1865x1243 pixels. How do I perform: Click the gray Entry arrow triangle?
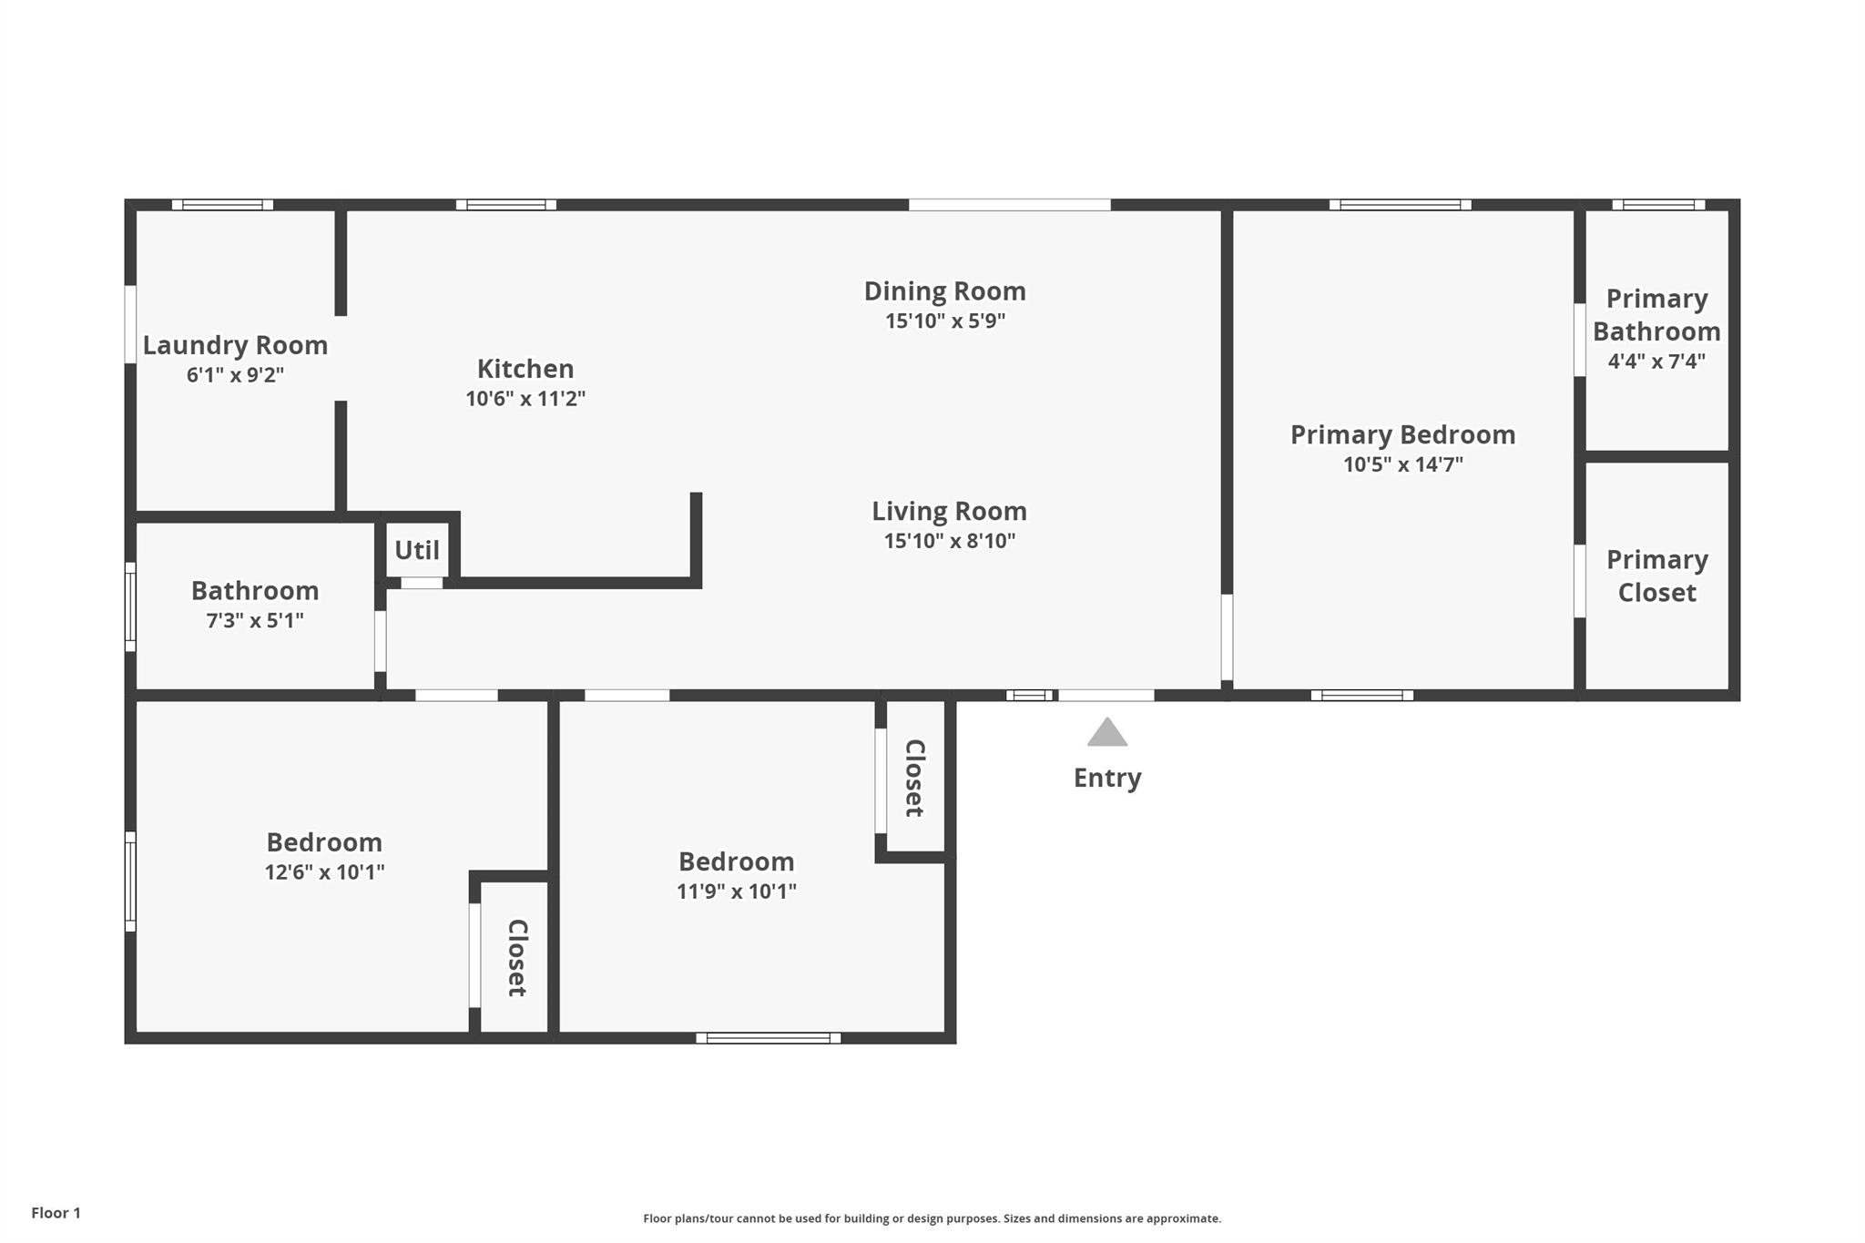point(1107,732)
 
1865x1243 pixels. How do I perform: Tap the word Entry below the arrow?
point(1107,779)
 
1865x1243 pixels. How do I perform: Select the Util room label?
point(417,550)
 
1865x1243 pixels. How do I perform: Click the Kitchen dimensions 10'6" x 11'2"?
point(525,399)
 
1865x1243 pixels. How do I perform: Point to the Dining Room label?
point(945,291)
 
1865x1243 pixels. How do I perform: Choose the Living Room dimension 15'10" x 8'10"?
point(950,541)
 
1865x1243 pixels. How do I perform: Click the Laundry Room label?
point(235,346)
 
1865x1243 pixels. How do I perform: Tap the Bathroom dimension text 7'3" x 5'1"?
point(255,621)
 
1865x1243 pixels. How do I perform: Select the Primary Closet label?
point(1657,576)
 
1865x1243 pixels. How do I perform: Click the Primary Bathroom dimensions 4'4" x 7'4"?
point(1656,362)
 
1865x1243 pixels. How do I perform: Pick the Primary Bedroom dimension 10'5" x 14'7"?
point(1403,464)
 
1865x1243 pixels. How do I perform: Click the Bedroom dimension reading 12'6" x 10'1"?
point(324,872)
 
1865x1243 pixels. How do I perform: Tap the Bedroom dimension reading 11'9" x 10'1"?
point(737,891)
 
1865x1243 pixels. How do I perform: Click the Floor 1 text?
point(56,1213)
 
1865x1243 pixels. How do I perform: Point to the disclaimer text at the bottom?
point(932,1218)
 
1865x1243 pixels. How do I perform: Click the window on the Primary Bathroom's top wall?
point(1658,205)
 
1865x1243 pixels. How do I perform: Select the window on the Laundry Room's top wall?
point(222,205)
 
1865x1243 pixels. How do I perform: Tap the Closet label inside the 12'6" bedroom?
point(517,958)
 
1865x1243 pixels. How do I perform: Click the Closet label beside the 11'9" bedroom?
point(915,778)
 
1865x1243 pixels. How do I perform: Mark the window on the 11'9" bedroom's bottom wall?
point(769,1038)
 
